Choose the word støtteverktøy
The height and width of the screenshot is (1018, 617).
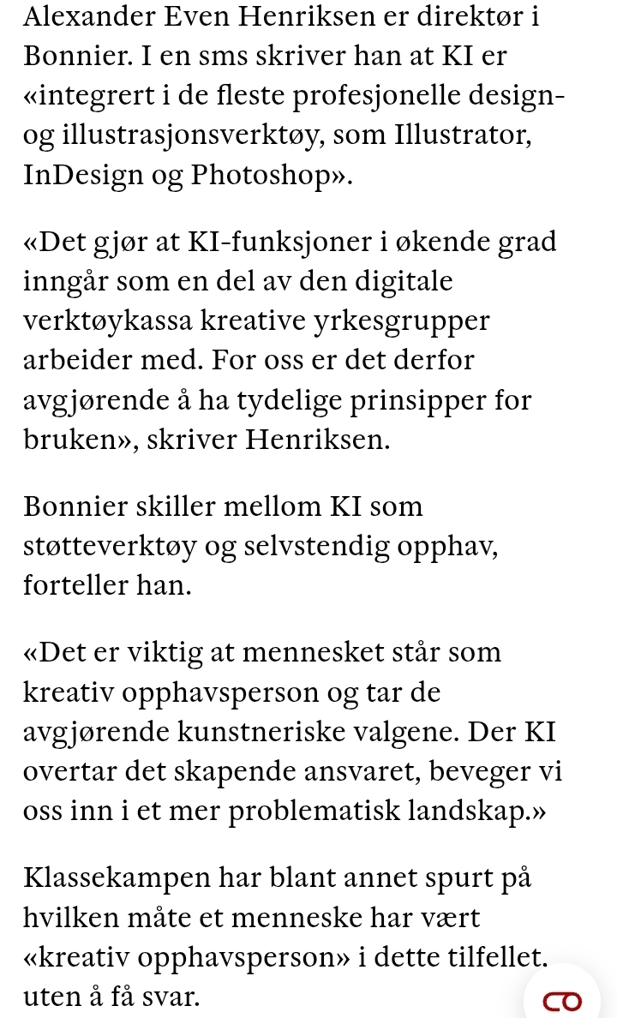pyautogui.click(x=110, y=548)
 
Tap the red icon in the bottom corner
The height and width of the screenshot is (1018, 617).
pyautogui.click(x=561, y=997)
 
